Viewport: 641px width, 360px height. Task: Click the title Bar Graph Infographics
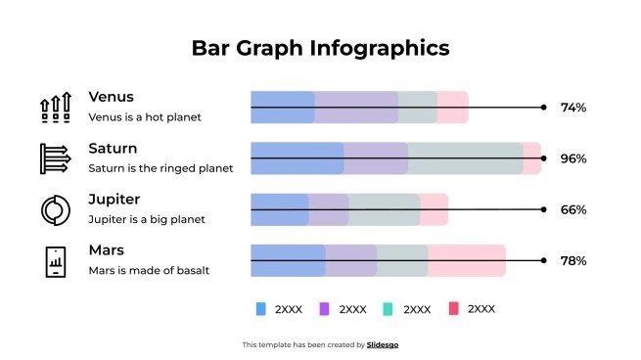point(320,48)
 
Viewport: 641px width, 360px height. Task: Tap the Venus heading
point(111,97)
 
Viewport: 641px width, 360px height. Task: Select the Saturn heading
point(113,149)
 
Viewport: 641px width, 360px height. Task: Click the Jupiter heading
point(114,200)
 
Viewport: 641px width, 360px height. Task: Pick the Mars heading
point(107,250)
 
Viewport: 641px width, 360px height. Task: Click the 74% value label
point(572,108)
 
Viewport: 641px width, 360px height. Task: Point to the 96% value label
point(572,158)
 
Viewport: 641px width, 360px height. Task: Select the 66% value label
point(572,209)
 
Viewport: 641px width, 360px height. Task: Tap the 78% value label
point(572,261)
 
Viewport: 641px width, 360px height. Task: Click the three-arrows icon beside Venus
point(55,107)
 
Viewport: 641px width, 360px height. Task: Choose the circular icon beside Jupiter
point(55,209)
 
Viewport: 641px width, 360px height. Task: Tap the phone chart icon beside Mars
point(55,261)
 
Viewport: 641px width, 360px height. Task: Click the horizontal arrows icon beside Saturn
point(55,158)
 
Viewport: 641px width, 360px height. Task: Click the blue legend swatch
point(260,309)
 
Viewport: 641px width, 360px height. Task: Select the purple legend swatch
point(325,309)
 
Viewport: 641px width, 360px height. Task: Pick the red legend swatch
point(453,309)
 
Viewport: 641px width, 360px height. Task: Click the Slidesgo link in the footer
point(383,344)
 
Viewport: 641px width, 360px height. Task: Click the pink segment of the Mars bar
point(467,261)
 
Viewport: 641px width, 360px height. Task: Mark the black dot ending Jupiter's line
point(544,209)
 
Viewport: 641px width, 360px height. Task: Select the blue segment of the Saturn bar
point(297,158)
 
